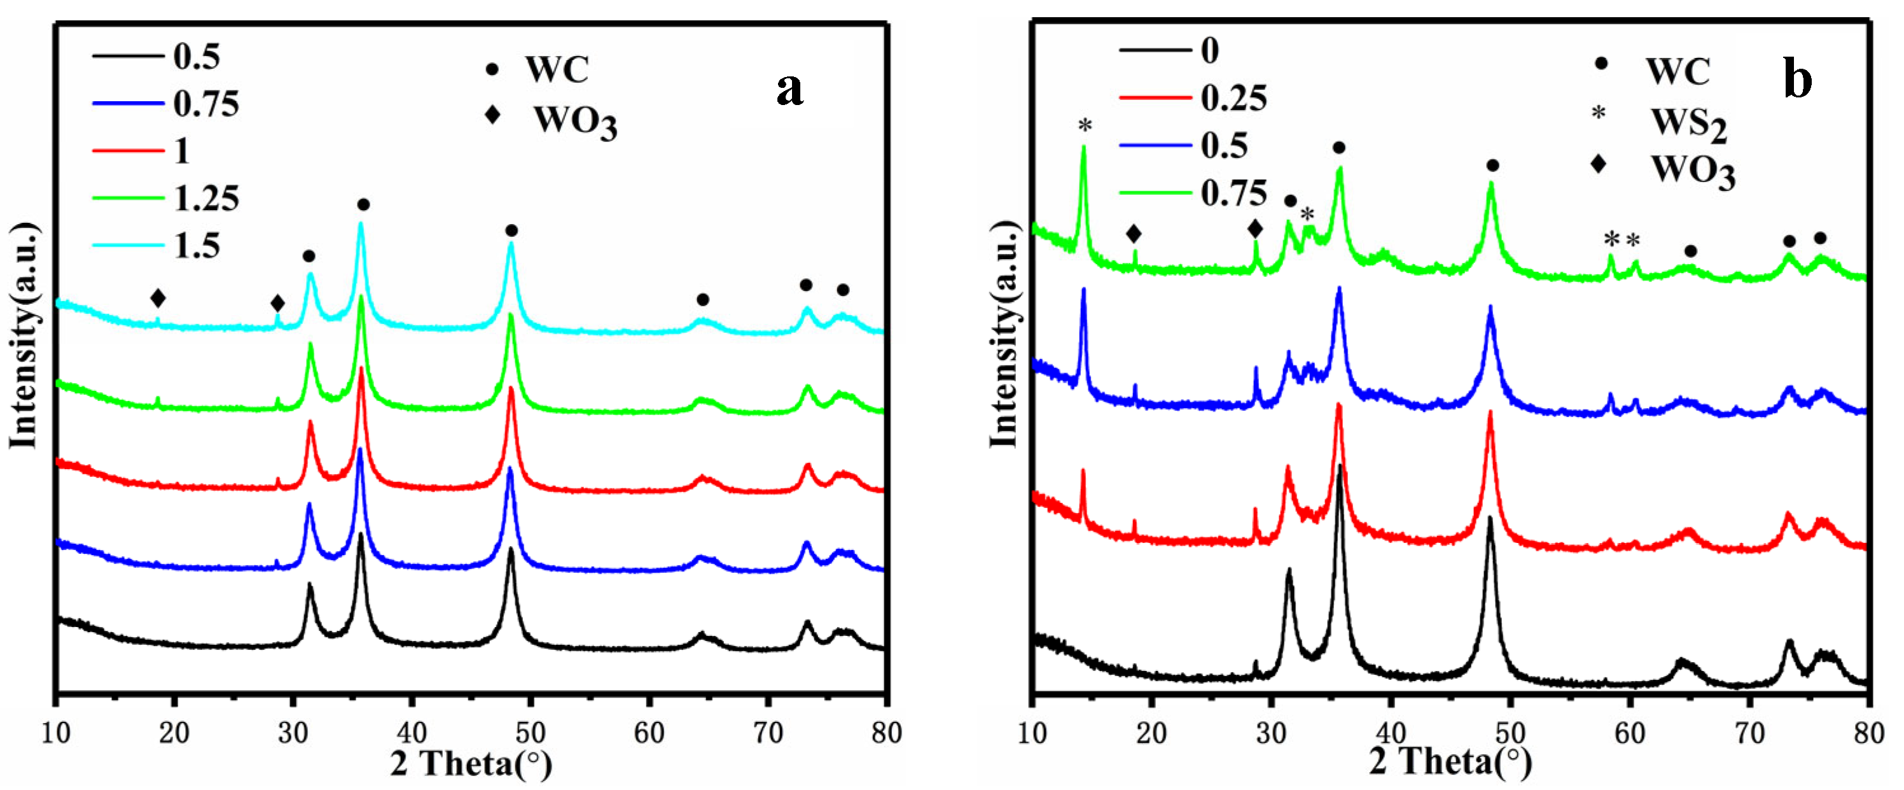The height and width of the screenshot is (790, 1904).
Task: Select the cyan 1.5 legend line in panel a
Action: click(x=128, y=245)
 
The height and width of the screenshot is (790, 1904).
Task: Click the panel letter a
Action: click(x=789, y=90)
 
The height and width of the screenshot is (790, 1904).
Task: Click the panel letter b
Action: click(x=1798, y=80)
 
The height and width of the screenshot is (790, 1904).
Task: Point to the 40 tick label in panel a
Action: click(x=411, y=733)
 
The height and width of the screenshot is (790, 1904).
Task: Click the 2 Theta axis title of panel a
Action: click(x=471, y=763)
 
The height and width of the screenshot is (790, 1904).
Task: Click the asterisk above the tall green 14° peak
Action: click(x=1084, y=127)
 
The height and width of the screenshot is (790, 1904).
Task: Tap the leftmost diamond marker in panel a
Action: click(x=157, y=299)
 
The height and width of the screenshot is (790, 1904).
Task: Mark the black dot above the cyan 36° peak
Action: click(x=363, y=204)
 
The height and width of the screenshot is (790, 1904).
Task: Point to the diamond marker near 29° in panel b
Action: click(x=1255, y=229)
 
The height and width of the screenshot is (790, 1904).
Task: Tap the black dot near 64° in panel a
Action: click(x=703, y=300)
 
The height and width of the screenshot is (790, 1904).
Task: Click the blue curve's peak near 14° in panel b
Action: click(x=1083, y=290)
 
